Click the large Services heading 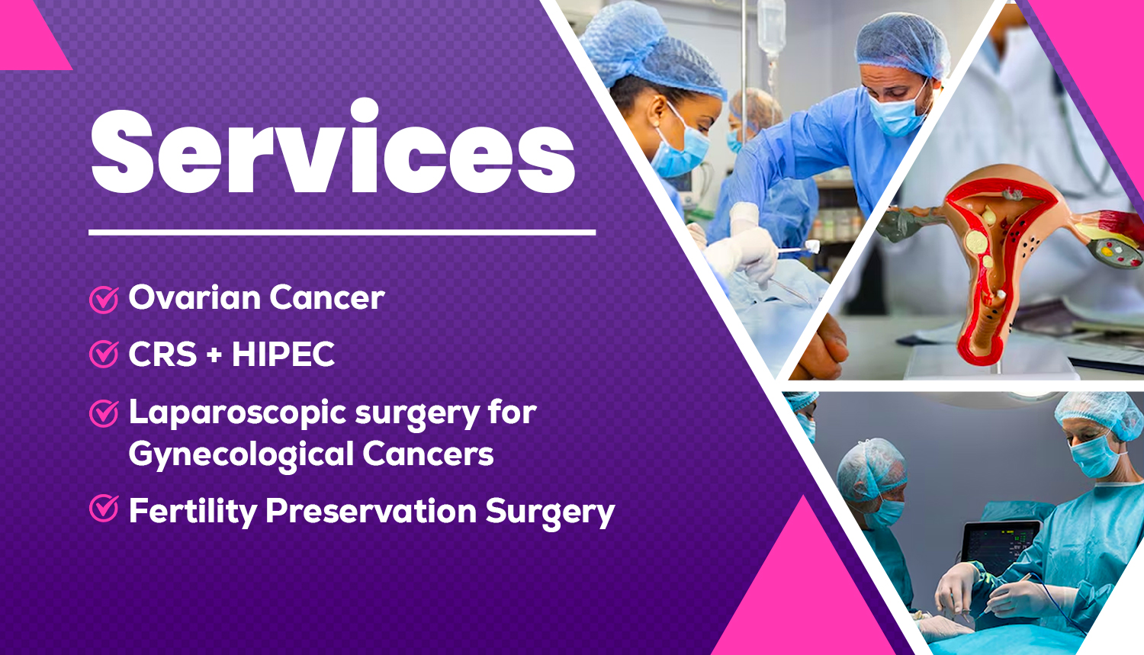coord(333,147)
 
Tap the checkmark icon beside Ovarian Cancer coord(104,299)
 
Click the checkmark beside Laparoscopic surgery coord(104,413)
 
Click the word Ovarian coord(194,297)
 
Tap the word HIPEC coord(284,354)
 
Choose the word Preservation coord(371,511)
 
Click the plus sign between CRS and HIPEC coord(214,355)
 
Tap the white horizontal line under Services coord(342,233)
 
